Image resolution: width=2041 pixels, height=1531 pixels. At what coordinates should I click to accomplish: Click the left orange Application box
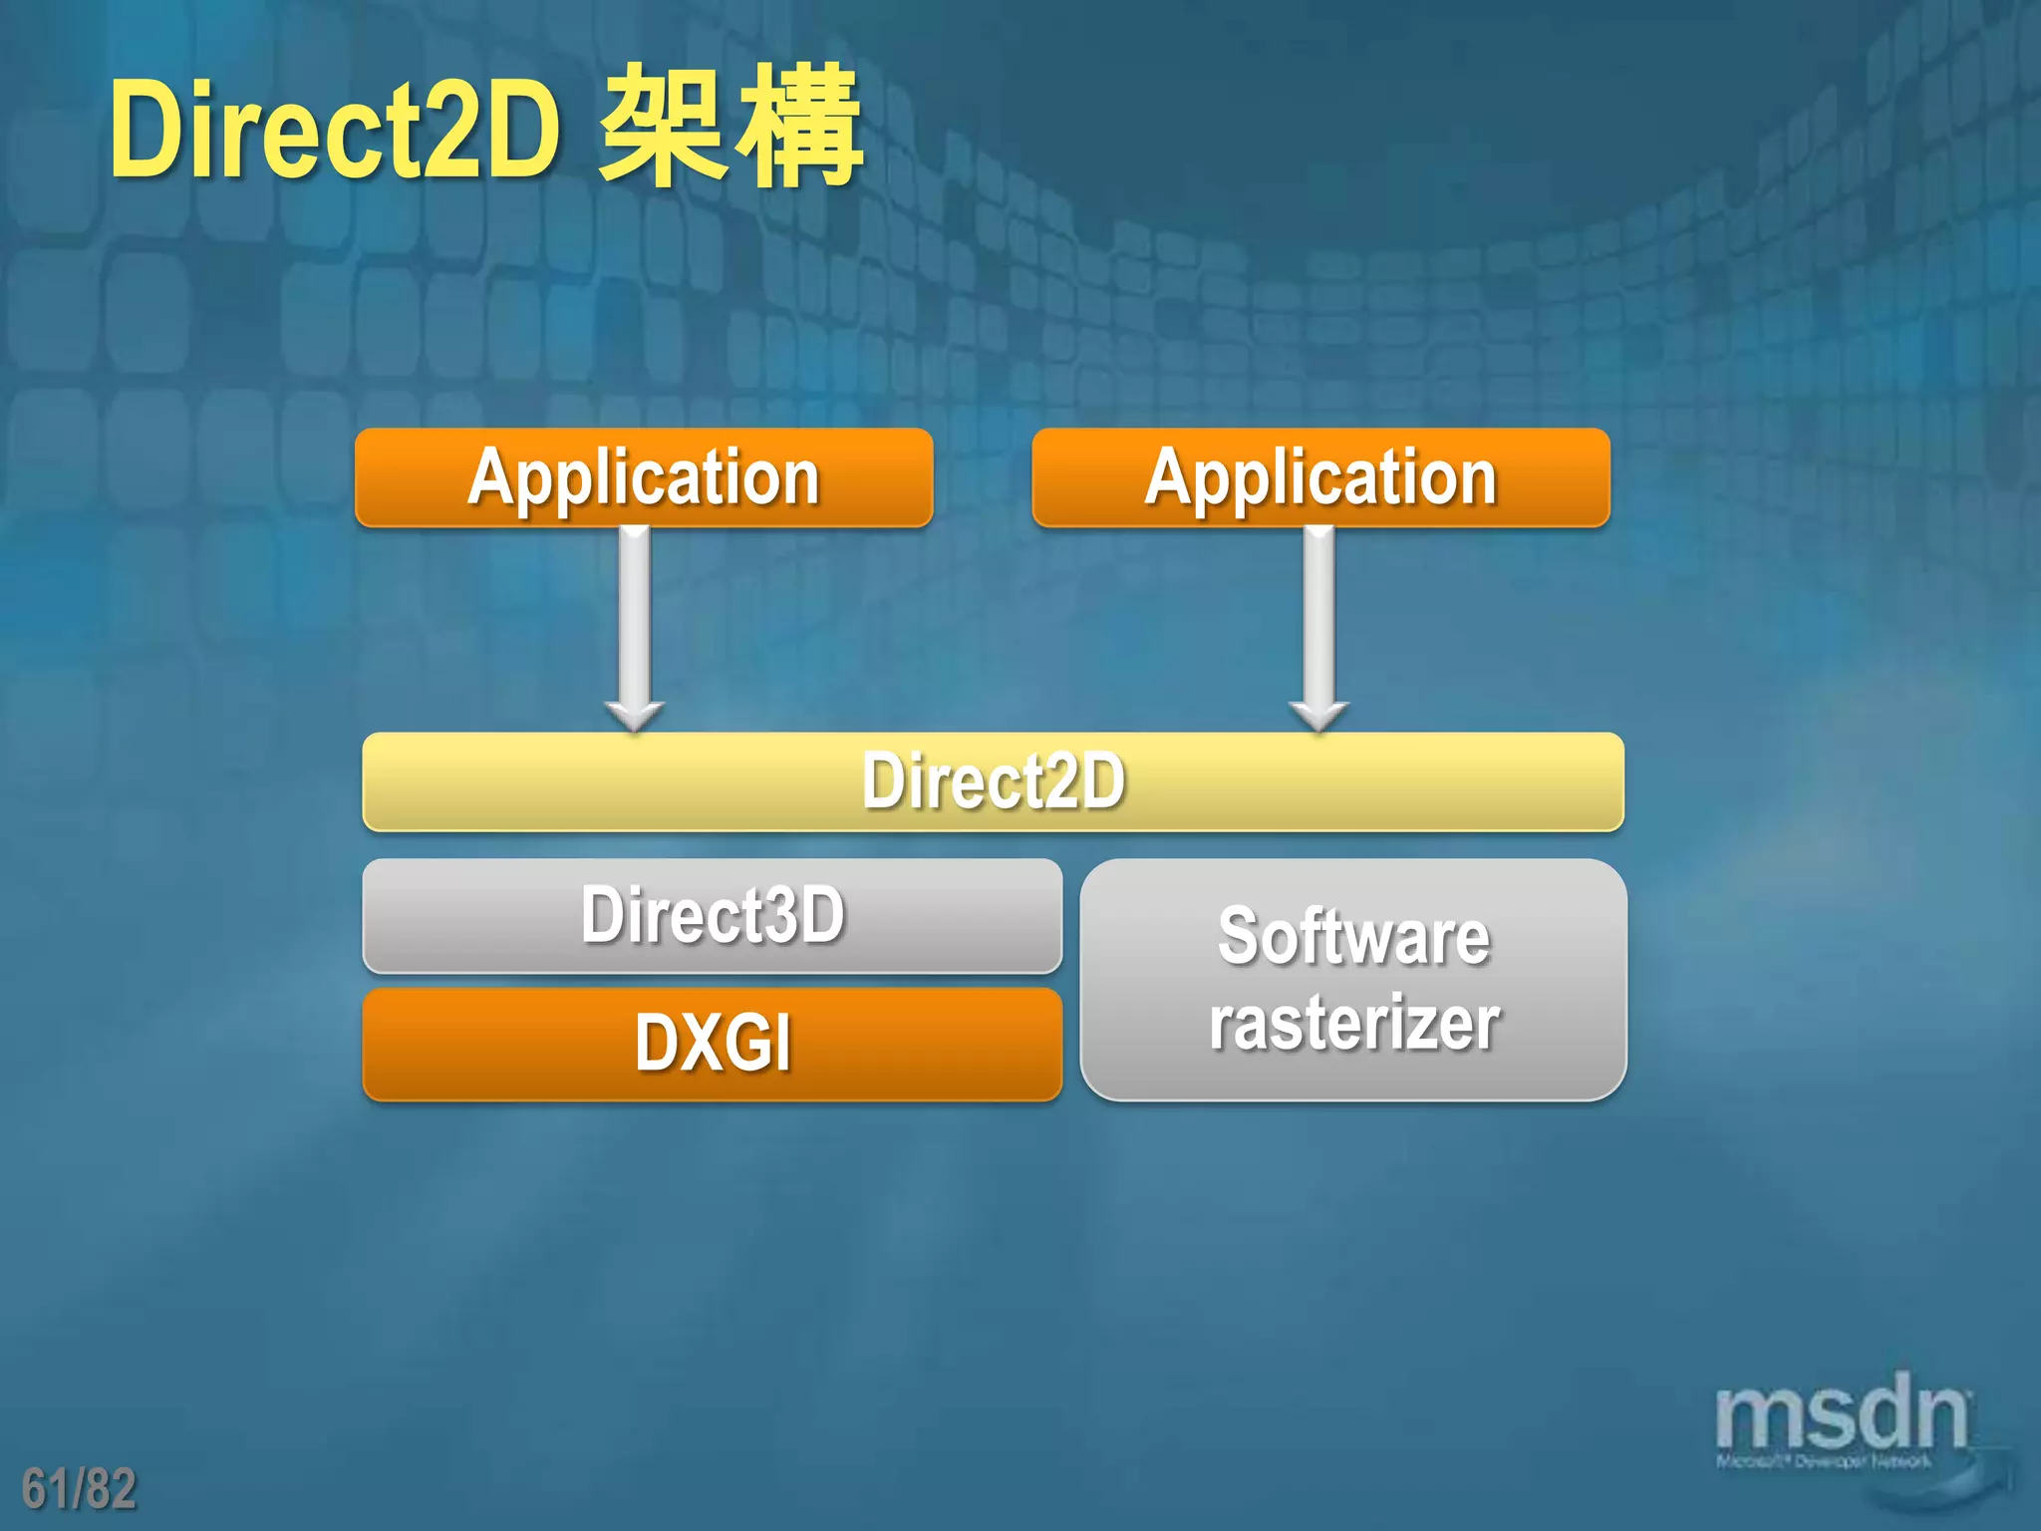point(644,477)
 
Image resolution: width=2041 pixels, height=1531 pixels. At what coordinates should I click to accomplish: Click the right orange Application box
point(1320,477)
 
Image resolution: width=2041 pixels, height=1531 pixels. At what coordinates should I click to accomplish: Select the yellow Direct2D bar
point(993,781)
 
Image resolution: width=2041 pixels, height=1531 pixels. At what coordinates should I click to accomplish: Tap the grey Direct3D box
point(712,915)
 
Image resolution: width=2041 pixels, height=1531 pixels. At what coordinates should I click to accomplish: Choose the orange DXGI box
point(712,1044)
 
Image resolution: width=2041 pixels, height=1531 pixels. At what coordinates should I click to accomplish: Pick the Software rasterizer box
point(1353,979)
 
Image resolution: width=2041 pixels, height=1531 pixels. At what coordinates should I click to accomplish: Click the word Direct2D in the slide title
point(334,130)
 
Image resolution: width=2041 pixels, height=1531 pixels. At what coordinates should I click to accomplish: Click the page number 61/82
point(79,1488)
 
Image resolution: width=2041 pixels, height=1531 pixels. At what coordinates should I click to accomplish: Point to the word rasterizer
point(1353,1023)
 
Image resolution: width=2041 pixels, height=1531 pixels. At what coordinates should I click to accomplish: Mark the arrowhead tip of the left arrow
point(635,730)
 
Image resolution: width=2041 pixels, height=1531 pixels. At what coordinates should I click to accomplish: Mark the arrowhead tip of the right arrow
point(1318,730)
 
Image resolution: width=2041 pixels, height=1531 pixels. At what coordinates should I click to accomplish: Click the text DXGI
point(714,1044)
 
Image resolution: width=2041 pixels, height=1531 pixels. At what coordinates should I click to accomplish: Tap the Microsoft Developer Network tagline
point(1823,1462)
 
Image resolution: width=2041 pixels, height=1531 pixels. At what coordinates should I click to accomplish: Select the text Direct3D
point(714,915)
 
